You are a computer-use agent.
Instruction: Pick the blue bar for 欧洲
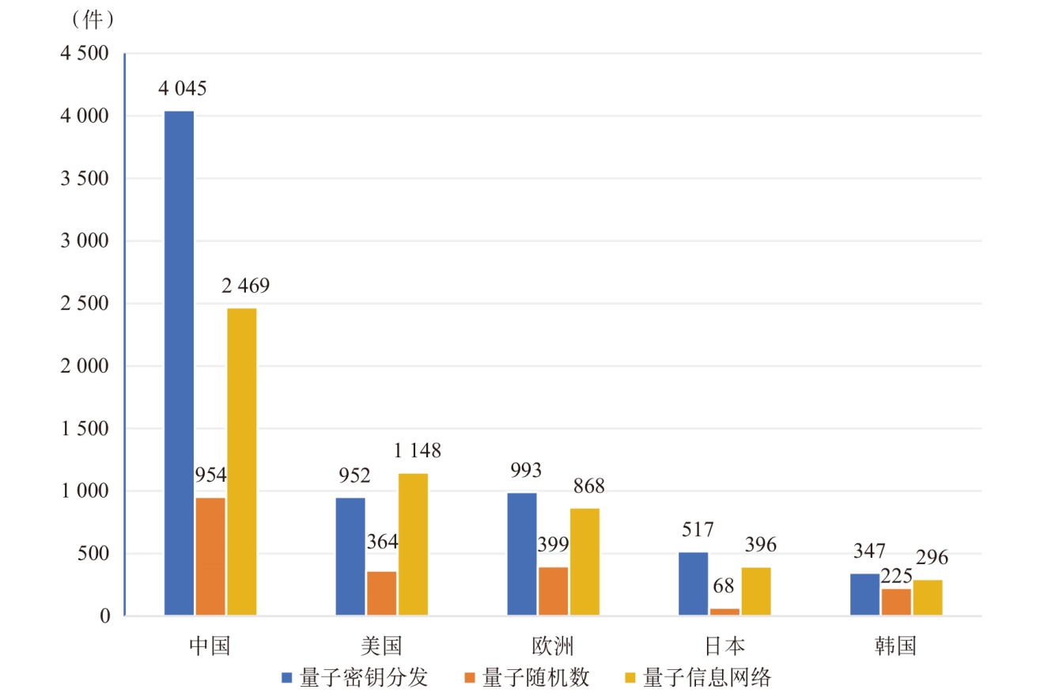(x=522, y=554)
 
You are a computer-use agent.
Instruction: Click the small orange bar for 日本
(x=724, y=612)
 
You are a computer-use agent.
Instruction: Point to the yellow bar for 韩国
(x=928, y=597)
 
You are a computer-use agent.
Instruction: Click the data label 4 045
(x=183, y=89)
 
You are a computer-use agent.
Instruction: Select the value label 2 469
(x=245, y=286)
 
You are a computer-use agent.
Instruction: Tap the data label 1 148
(x=417, y=451)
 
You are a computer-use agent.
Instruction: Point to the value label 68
(x=723, y=586)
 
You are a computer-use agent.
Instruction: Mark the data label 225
(x=896, y=575)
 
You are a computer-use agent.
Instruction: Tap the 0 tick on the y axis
(x=105, y=616)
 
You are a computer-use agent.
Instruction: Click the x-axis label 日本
(x=724, y=646)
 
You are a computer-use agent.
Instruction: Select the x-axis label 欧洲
(x=553, y=646)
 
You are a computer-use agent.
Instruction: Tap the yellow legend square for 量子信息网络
(x=630, y=678)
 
